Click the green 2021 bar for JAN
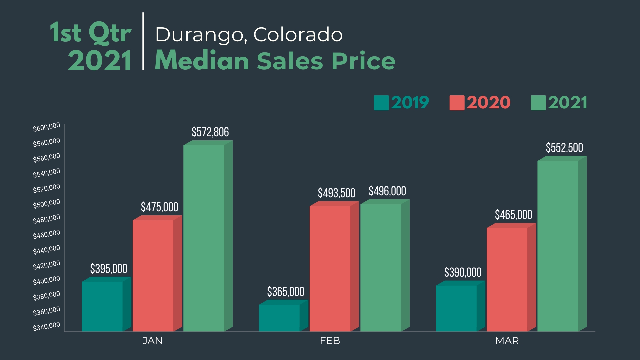tap(204, 238)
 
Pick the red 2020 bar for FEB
tap(330, 268)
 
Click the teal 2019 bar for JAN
tap(102, 306)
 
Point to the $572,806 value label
tap(210, 132)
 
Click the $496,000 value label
tap(387, 191)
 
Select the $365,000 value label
tap(286, 292)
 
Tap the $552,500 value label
tap(564, 148)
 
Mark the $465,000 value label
tap(513, 215)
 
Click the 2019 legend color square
tap(381, 103)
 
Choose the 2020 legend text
tap(488, 102)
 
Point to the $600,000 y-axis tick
tap(46, 127)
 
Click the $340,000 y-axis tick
tap(46, 326)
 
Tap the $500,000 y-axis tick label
tap(46, 204)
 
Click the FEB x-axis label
tap(330, 341)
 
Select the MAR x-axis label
tap(507, 341)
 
